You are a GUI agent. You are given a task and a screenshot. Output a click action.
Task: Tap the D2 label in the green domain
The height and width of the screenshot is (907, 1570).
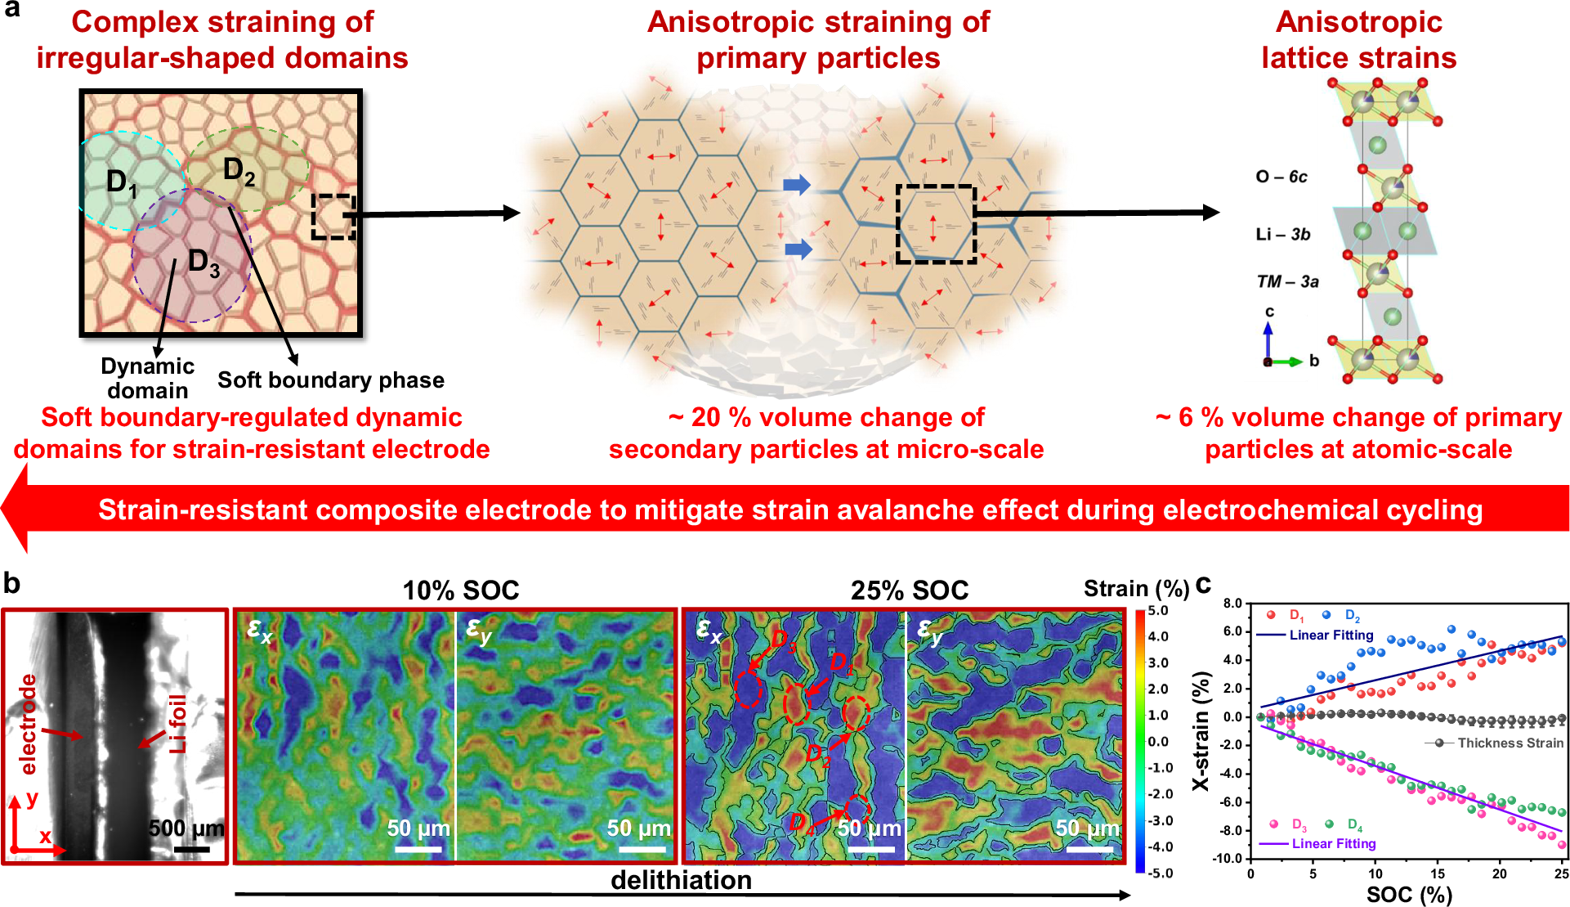239,172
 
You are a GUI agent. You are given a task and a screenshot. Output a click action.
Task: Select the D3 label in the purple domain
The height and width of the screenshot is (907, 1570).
204,263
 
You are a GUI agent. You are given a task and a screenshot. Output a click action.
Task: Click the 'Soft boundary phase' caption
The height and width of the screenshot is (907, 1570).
331,380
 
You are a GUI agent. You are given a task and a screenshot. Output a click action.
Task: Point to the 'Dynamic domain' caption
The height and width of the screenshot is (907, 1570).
147,378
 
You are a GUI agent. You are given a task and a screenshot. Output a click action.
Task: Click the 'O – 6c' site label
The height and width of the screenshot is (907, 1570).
1281,177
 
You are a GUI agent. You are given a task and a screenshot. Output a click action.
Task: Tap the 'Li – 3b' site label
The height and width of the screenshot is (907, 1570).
1282,235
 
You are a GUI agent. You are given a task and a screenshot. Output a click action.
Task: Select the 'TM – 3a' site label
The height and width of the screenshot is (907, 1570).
1287,282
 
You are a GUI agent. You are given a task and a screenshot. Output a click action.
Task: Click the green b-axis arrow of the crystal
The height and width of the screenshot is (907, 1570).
1286,361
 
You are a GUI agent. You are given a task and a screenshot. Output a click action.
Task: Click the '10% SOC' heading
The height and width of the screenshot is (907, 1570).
460,590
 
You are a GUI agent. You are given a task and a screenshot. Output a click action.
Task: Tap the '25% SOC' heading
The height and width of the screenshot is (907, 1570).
909,590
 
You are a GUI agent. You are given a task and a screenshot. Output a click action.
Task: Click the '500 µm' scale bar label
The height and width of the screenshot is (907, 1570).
186,828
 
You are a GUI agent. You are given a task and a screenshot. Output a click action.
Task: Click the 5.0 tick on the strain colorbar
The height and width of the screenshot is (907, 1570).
1158,611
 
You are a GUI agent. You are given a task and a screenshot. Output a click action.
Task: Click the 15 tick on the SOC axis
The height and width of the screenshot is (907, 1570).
1438,873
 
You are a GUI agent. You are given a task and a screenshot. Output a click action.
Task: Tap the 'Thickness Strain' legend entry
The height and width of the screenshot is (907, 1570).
1510,743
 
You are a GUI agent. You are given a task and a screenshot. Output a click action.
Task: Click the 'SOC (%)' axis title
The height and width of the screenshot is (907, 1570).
1409,894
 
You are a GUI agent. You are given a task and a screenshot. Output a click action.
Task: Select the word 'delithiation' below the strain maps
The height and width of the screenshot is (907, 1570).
681,880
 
